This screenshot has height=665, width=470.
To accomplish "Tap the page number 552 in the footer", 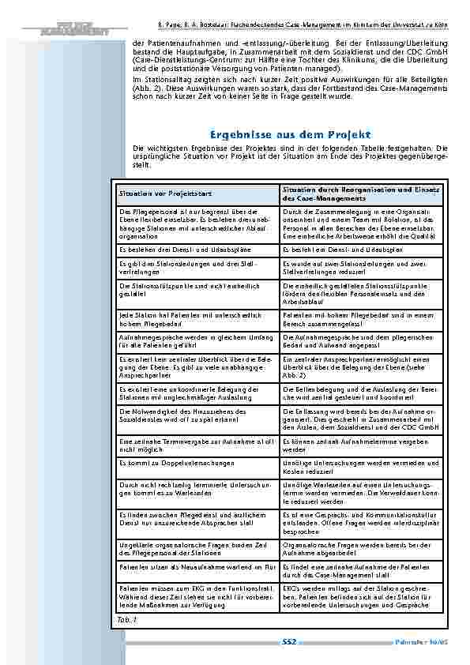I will (x=288, y=644).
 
